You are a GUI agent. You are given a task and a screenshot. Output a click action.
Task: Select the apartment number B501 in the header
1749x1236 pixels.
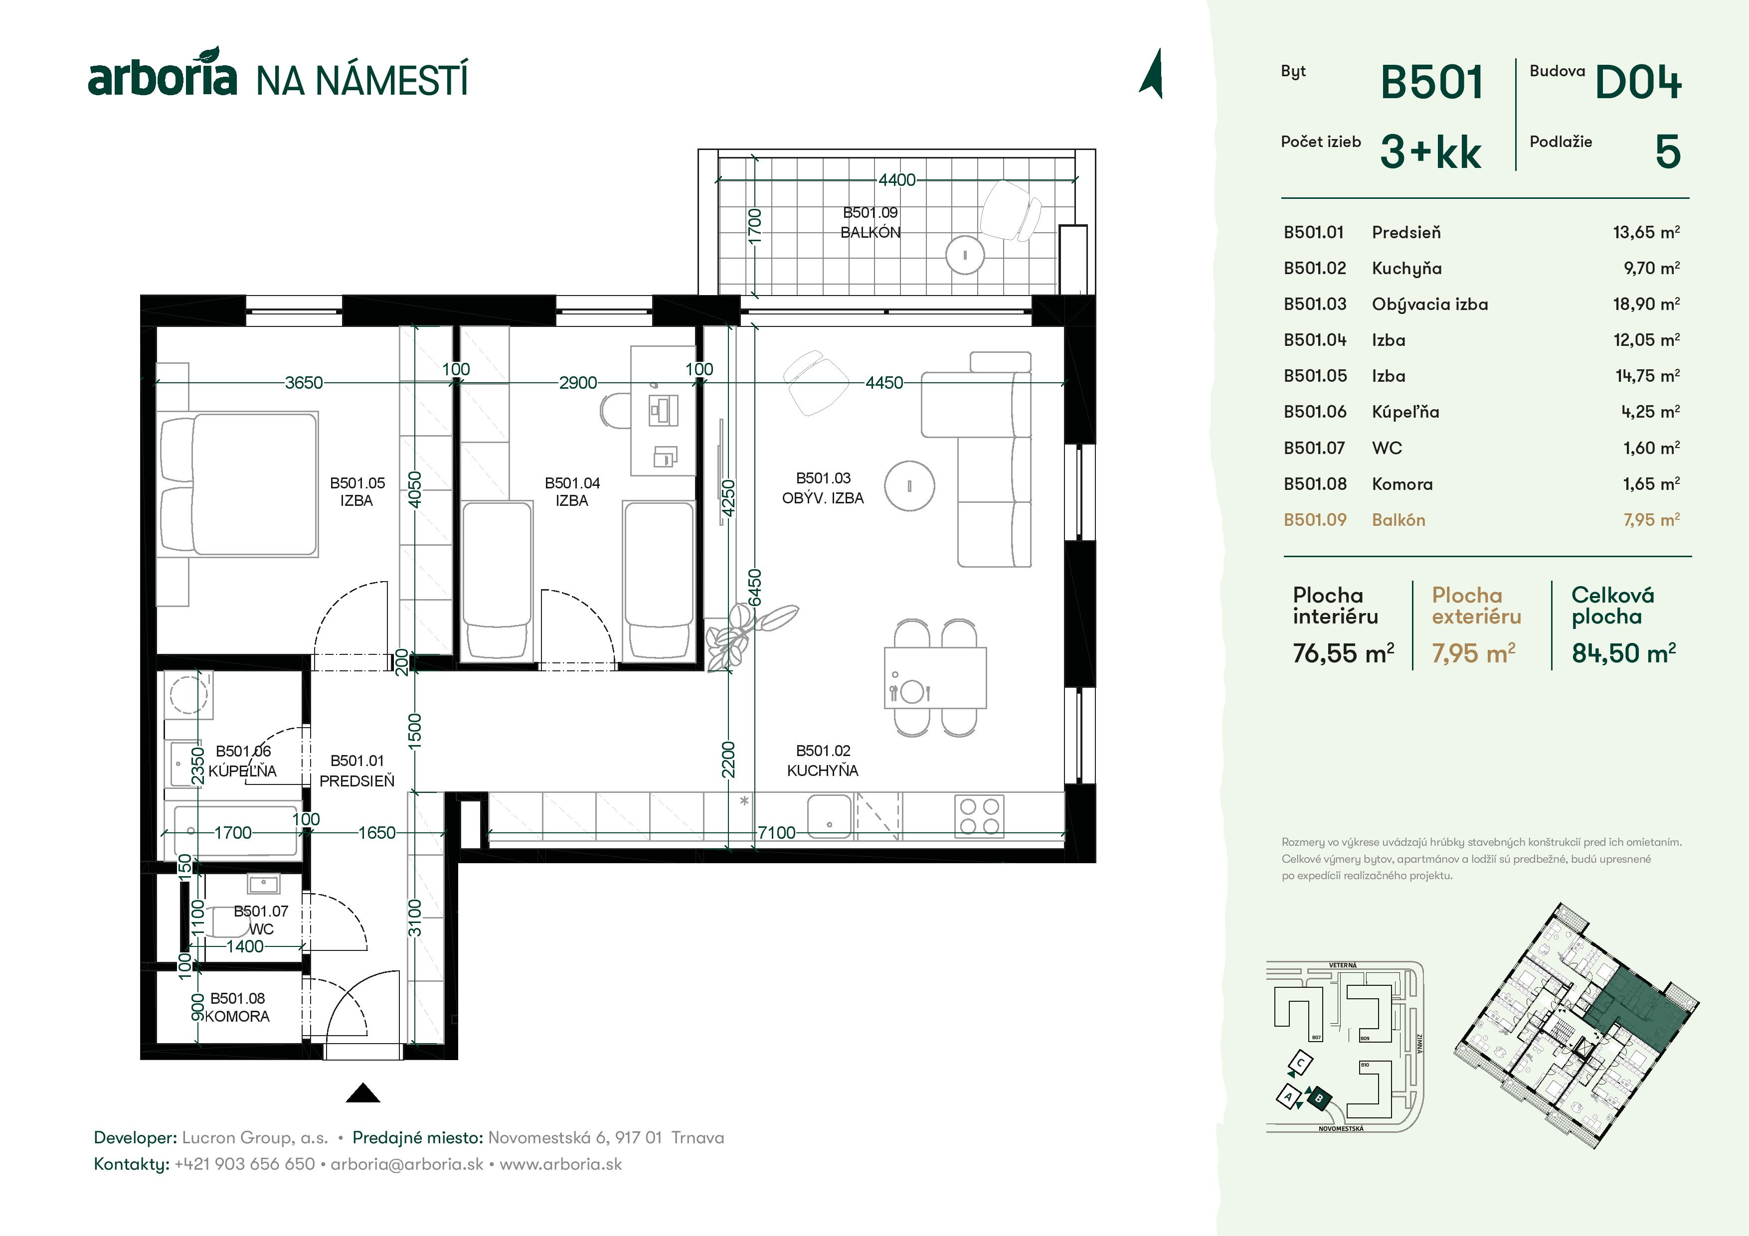(1431, 82)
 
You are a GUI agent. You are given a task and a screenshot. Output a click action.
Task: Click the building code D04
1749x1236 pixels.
(1638, 82)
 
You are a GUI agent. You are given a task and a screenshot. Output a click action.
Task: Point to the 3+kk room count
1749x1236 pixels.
(1430, 153)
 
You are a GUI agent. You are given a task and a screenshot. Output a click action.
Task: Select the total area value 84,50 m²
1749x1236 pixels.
(1622, 653)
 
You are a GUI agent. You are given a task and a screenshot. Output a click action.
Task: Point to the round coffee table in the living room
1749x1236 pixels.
(909, 486)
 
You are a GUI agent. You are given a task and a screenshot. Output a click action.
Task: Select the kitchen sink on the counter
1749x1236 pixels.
(829, 816)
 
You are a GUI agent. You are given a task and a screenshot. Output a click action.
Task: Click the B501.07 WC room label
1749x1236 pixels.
(261, 919)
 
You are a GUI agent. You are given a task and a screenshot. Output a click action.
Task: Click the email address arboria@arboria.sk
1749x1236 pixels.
(407, 1164)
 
